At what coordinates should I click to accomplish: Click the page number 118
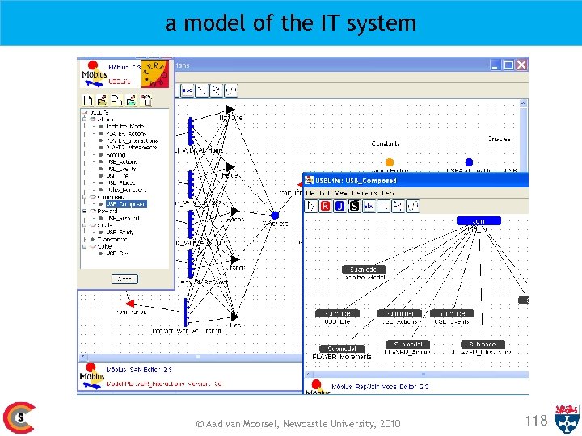(536, 420)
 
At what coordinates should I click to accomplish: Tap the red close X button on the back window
(521, 65)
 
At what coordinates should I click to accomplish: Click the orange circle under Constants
(390, 162)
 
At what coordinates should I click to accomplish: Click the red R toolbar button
(325, 206)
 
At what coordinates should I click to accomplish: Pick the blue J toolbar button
(339, 206)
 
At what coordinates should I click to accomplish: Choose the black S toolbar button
(354, 206)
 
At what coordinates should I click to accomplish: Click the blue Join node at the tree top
(479, 220)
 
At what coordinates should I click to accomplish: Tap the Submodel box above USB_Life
(338, 313)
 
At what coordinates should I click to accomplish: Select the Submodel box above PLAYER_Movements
(343, 348)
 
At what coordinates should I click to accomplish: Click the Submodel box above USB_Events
(452, 313)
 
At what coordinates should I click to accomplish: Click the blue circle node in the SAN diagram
(275, 215)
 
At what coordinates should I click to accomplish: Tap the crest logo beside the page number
(566, 419)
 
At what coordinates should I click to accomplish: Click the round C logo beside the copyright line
(19, 417)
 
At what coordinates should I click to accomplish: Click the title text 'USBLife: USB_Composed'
(356, 181)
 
